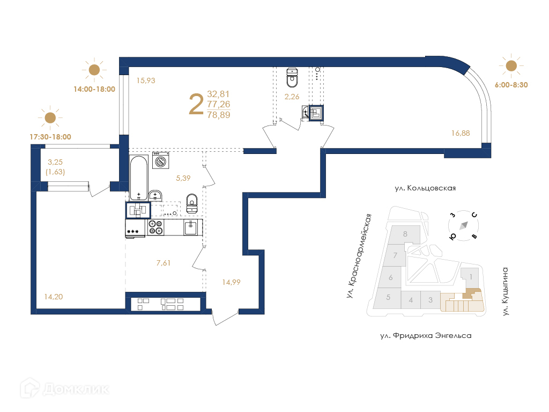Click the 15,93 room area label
pyautogui.click(x=146, y=80)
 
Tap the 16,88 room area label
pyautogui.click(x=461, y=133)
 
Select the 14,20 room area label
pyautogui.click(x=54, y=297)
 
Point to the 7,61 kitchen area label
pyautogui.click(x=164, y=263)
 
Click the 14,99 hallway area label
pyautogui.click(x=232, y=282)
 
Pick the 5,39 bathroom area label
pyautogui.click(x=183, y=178)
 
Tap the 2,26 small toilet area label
pyautogui.click(x=292, y=97)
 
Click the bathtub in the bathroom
pyautogui.click(x=139, y=178)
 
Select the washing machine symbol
pyautogui.click(x=161, y=160)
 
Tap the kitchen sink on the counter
pyautogui.click(x=190, y=227)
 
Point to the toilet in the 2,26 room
pyautogui.click(x=292, y=77)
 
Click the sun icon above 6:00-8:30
pyautogui.click(x=511, y=65)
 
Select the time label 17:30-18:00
pyautogui.click(x=50, y=137)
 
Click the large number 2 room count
pyautogui.click(x=196, y=104)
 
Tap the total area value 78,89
pyautogui.click(x=219, y=115)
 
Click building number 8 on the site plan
pyautogui.click(x=405, y=234)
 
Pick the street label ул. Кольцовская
pyautogui.click(x=425, y=188)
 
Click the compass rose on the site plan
pyautogui.click(x=464, y=226)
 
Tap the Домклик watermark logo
pyautogui.click(x=64, y=388)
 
